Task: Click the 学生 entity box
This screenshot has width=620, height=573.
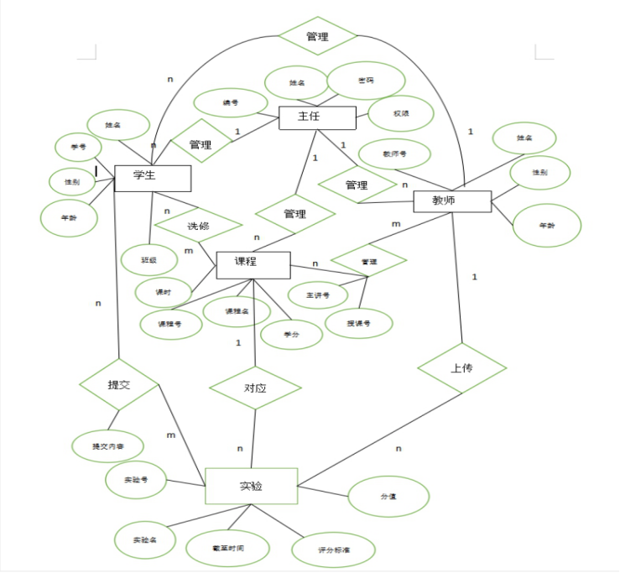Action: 152,177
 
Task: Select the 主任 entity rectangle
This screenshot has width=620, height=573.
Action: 317,117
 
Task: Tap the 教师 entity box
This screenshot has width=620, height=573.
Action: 451,201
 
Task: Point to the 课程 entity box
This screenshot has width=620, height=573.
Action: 253,264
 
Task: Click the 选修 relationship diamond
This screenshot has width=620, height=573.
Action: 198,226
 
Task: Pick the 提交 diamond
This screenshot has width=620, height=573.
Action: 119,384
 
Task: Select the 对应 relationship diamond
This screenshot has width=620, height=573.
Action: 255,388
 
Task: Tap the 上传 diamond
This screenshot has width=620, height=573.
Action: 461,367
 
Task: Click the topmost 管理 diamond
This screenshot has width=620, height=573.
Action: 317,36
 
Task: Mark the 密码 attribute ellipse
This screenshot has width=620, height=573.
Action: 366,81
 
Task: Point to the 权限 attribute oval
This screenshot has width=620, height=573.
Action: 401,114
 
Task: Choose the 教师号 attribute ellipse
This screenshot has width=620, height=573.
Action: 394,154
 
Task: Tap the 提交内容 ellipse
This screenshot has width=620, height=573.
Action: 108,446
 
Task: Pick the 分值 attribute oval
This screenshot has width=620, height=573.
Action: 388,497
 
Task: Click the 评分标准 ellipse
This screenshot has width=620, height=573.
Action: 334,550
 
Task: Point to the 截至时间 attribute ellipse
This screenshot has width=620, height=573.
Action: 227,548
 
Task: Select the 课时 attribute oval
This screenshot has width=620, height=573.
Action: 163,292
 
